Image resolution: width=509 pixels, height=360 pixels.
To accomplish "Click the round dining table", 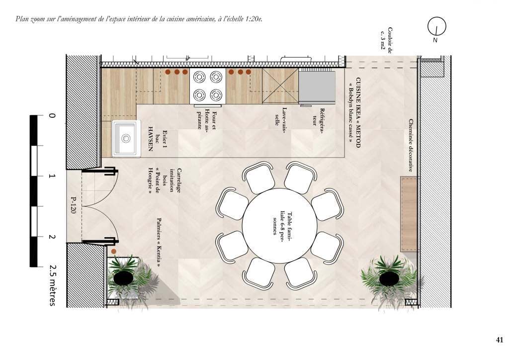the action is pos(279,226).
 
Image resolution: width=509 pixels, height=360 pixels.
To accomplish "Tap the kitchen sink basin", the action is pos(126,139).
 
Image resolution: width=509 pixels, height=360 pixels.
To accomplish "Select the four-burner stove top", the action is pos(208,86).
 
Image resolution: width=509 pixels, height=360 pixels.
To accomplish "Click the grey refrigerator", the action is pos(317,87).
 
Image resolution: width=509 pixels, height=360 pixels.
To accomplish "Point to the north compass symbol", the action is pos(436,26).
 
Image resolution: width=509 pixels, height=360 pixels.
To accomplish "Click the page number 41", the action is pos(500,340).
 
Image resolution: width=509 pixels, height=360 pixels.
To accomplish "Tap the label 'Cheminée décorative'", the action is pos(411,145).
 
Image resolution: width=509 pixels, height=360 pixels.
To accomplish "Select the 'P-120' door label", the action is pos(74,205).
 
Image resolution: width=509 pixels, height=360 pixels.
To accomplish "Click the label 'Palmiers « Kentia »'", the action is pos(159,242).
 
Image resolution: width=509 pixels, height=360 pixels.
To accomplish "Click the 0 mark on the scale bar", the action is pos(52,115).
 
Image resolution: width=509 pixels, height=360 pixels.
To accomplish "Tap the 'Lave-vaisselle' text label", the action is pos(281,116).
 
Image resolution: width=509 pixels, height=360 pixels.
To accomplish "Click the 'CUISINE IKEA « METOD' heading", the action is pos(358,112).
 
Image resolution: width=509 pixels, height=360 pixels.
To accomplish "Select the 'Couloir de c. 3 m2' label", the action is pos(386,38).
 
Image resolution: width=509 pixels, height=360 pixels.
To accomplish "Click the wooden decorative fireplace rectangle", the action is pos(409,214).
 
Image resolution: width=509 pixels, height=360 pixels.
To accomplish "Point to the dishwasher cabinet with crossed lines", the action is pos(280,86).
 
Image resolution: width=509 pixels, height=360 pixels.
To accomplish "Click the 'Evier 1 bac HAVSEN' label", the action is pos(159,139).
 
